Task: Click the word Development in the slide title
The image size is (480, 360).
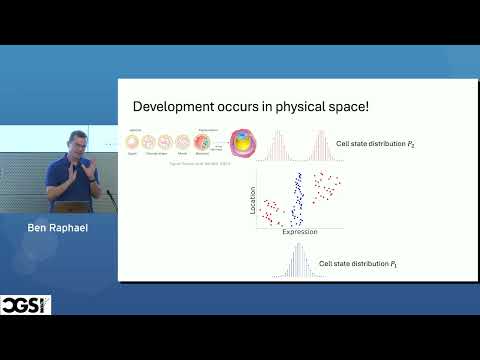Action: click(167, 107)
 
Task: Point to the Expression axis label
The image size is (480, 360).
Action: click(298, 231)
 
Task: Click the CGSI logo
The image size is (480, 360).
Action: click(26, 304)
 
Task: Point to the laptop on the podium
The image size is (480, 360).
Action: click(72, 207)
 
